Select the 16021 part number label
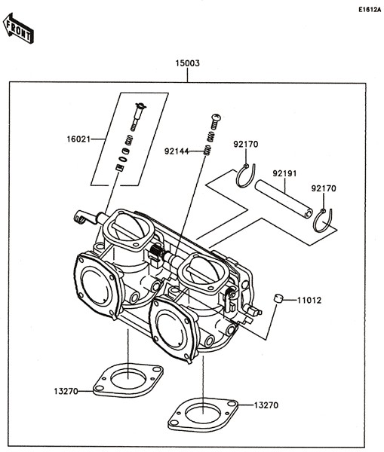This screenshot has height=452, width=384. coord(78,139)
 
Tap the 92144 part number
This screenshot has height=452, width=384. coord(176,151)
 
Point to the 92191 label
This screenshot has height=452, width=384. coord(284,173)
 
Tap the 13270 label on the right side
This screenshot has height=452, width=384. coord(266,405)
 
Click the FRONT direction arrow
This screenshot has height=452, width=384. coord(18,31)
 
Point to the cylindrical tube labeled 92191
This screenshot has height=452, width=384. coord(284,200)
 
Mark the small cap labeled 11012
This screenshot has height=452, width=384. coord(278,299)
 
